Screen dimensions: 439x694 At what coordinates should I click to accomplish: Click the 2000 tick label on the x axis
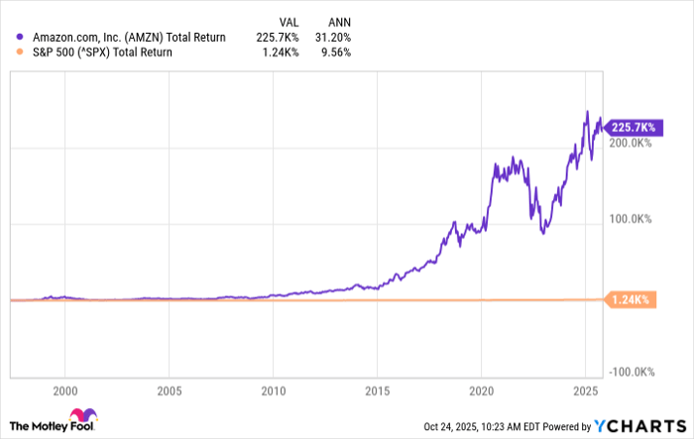[64, 389]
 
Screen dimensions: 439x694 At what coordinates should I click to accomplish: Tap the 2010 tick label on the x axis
[274, 389]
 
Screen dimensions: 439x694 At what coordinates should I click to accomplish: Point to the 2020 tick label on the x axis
[482, 389]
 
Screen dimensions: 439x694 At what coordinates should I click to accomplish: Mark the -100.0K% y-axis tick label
[629, 372]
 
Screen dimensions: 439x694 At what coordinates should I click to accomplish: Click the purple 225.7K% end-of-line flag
[632, 127]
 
